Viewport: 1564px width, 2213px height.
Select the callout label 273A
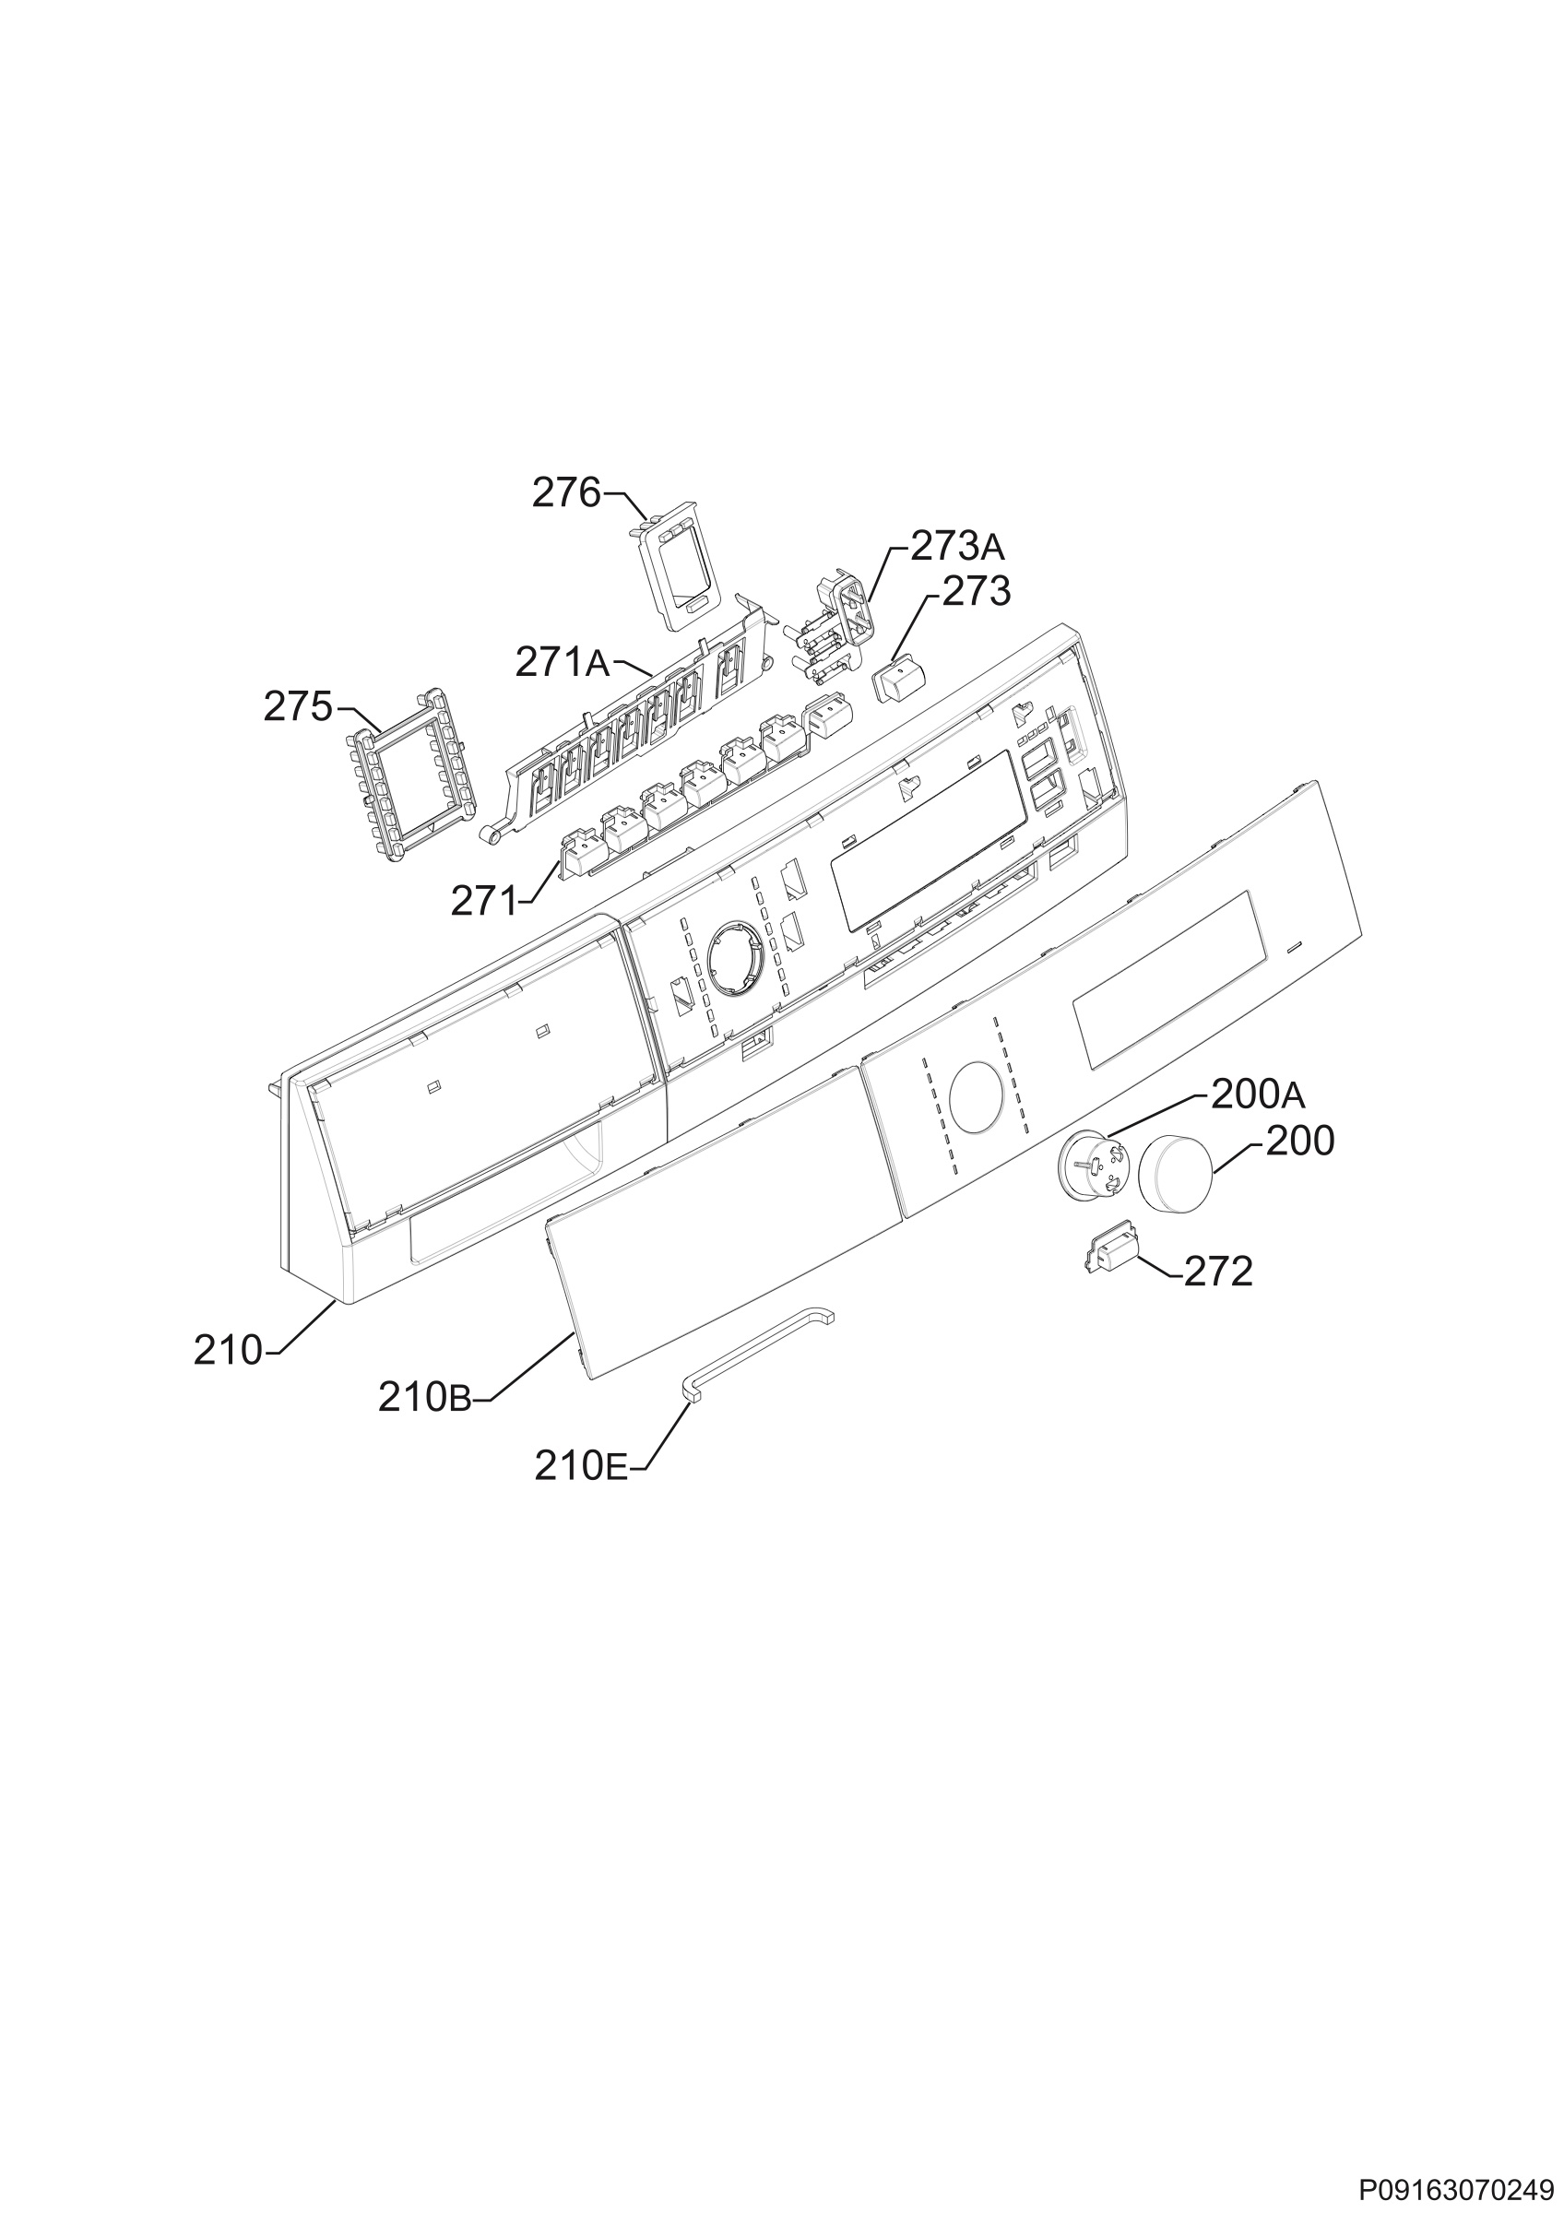point(957,548)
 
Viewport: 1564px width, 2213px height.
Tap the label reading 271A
point(563,662)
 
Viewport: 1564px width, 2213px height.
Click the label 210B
point(424,1399)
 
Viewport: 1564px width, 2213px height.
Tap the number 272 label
point(1218,1272)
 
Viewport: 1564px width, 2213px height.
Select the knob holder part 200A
point(1093,1166)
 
